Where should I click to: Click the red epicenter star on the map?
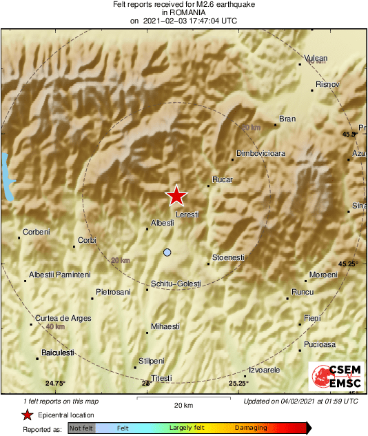tap(177, 196)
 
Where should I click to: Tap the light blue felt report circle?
tap(167, 252)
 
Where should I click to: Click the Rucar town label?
tap(223, 180)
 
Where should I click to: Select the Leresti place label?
tap(187, 215)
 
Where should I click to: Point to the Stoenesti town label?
tap(228, 257)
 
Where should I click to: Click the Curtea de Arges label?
tap(57, 317)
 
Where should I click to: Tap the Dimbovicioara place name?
tap(260, 153)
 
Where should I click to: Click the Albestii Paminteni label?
tap(60, 275)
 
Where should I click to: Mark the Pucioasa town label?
tap(320, 344)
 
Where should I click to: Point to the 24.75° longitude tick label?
tap(55, 383)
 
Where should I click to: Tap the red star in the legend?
tap(28, 415)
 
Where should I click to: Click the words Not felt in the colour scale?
tap(81, 428)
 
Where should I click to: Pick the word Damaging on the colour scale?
tap(251, 428)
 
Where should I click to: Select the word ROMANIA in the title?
tap(183, 12)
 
